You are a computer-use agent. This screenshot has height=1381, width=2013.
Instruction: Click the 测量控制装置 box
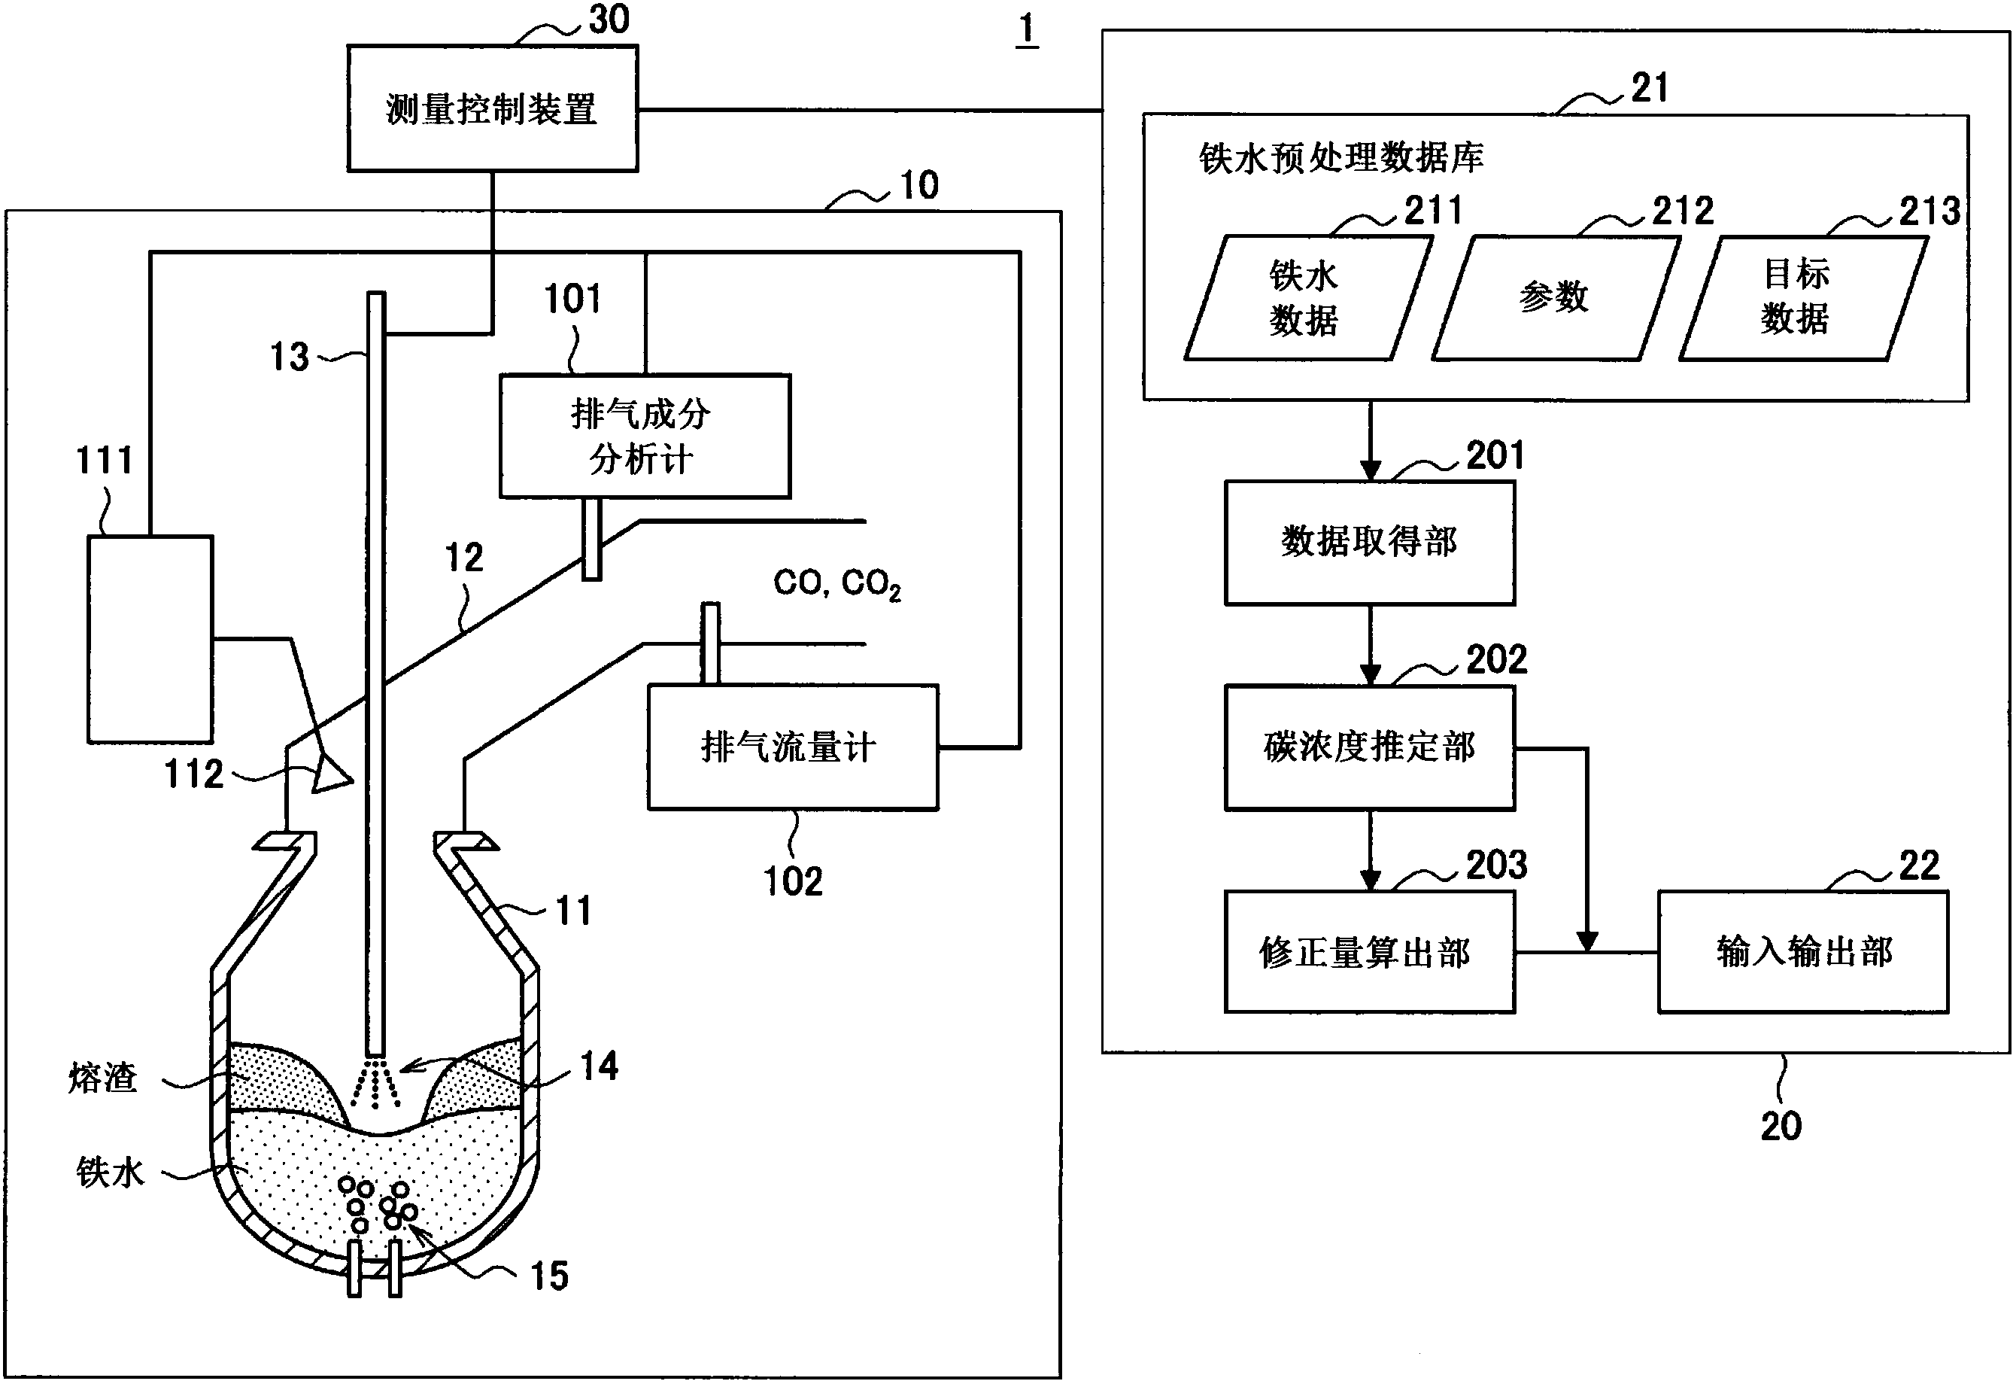492,108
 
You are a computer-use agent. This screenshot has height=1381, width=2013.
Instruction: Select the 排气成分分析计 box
645,436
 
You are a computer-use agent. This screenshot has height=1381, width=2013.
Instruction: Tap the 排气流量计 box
793,747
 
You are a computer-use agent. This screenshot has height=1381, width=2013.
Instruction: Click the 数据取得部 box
1369,543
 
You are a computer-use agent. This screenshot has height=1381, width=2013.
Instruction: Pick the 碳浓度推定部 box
1369,747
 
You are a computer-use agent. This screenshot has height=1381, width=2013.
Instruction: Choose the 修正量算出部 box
1369,952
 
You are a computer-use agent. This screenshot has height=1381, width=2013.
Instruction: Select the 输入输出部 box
1803,952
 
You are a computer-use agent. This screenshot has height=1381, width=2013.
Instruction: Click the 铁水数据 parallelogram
1306,298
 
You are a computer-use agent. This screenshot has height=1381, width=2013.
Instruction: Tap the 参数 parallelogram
1555,298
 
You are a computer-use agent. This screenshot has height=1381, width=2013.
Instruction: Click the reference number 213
1929,211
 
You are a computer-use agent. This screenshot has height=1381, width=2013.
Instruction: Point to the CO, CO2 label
836,583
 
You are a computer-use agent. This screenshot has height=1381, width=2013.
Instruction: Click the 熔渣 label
103,1078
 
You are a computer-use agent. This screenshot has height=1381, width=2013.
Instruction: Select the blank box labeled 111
150,640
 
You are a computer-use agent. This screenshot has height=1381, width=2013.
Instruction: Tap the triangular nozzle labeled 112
331,773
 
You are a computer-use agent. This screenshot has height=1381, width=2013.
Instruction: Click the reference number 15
549,1276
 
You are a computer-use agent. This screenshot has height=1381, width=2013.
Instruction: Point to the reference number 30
609,19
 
